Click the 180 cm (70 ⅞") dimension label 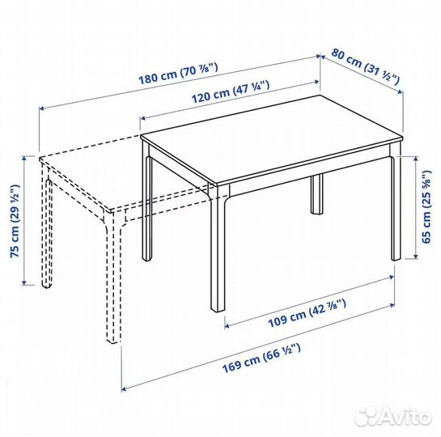click(178, 74)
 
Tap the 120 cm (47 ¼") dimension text click(231, 91)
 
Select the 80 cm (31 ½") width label click(365, 66)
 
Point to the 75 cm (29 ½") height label click(15, 221)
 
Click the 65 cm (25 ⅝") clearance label click(426, 206)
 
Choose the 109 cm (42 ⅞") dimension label click(307, 313)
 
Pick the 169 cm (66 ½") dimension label click(261, 358)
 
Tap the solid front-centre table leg click(218, 248)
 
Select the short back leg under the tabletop click(317, 194)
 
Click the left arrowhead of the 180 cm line click(41, 108)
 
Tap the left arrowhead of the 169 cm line click(124, 389)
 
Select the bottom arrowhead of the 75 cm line click(24, 282)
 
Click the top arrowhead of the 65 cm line click(415, 159)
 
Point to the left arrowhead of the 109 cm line click(227, 326)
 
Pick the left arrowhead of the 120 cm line click(143, 118)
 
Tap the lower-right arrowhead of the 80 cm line click(401, 91)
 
